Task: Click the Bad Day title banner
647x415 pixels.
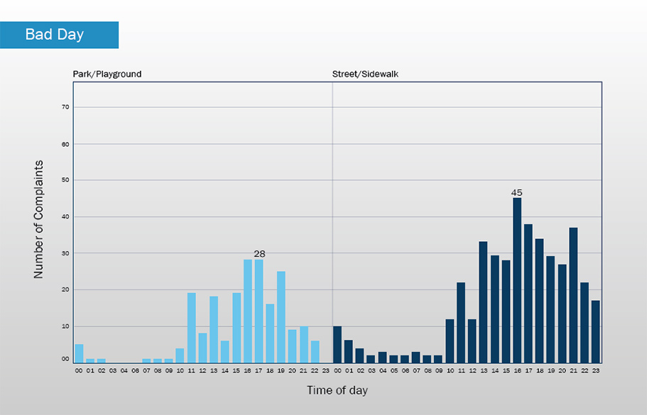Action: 59,35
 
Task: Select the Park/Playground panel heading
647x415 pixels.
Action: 107,74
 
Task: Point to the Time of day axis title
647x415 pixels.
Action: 337,390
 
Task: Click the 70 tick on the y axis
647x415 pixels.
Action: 64,107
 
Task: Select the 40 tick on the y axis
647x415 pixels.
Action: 64,217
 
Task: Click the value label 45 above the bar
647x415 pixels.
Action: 517,192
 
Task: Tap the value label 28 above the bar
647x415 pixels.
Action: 259,253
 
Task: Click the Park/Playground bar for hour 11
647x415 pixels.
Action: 192,328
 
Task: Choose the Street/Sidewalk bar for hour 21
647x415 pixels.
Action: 573,295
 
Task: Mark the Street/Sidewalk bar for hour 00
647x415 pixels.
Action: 337,345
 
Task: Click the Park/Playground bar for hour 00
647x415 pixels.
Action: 79,353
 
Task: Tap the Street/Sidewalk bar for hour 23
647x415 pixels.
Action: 596,331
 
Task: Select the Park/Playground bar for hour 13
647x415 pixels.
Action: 214,330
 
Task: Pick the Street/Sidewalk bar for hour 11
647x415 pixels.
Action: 461,323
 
